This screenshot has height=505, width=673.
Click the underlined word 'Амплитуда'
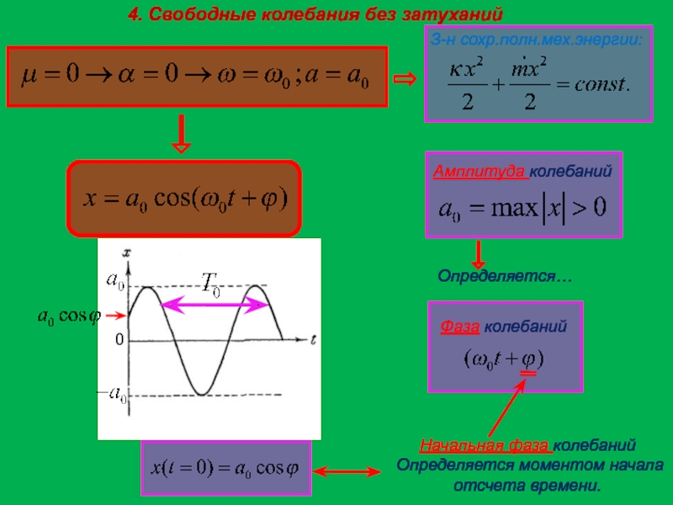tap(480, 171)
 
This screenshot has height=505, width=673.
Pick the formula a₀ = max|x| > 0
tap(522, 208)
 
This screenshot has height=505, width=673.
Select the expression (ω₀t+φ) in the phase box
tap(505, 359)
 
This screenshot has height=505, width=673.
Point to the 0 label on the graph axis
tap(119, 340)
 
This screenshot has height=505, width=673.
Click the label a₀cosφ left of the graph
tap(69, 316)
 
